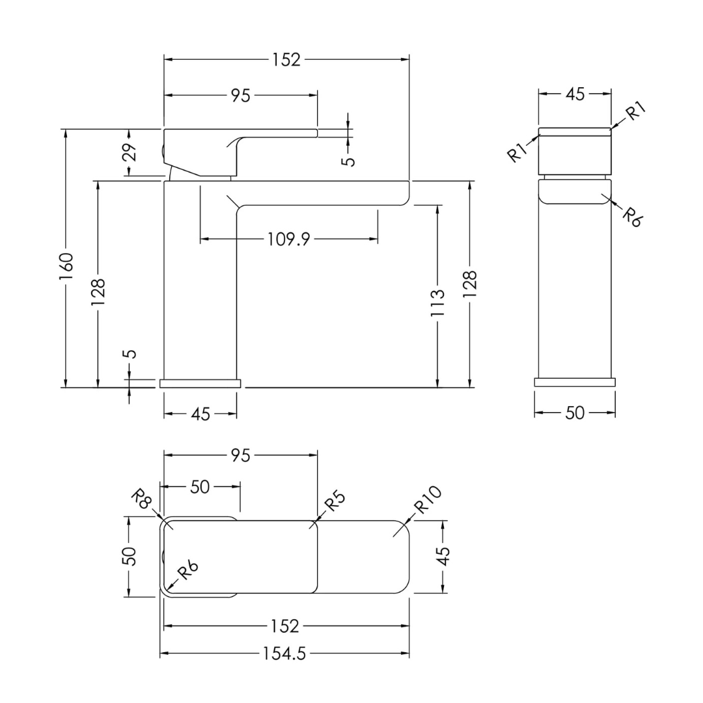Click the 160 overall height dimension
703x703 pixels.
[66, 266]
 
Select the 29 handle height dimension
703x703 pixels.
[130, 152]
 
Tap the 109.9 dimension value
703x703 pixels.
[289, 239]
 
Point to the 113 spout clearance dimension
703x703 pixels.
[437, 303]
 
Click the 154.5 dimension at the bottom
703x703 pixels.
[284, 654]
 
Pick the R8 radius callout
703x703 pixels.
[141, 498]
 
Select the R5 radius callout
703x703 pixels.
[335, 502]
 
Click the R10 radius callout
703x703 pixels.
[428, 500]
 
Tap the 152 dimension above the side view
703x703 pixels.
[286, 60]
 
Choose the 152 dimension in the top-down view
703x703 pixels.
[285, 626]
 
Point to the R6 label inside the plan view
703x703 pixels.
[188, 571]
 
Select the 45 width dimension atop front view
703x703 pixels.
[575, 94]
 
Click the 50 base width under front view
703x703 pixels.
[575, 413]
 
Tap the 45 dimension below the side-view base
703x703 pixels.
[200, 414]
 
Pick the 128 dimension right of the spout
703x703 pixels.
[470, 284]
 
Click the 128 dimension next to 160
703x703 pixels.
[98, 292]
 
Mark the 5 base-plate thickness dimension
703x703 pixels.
[130, 354]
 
